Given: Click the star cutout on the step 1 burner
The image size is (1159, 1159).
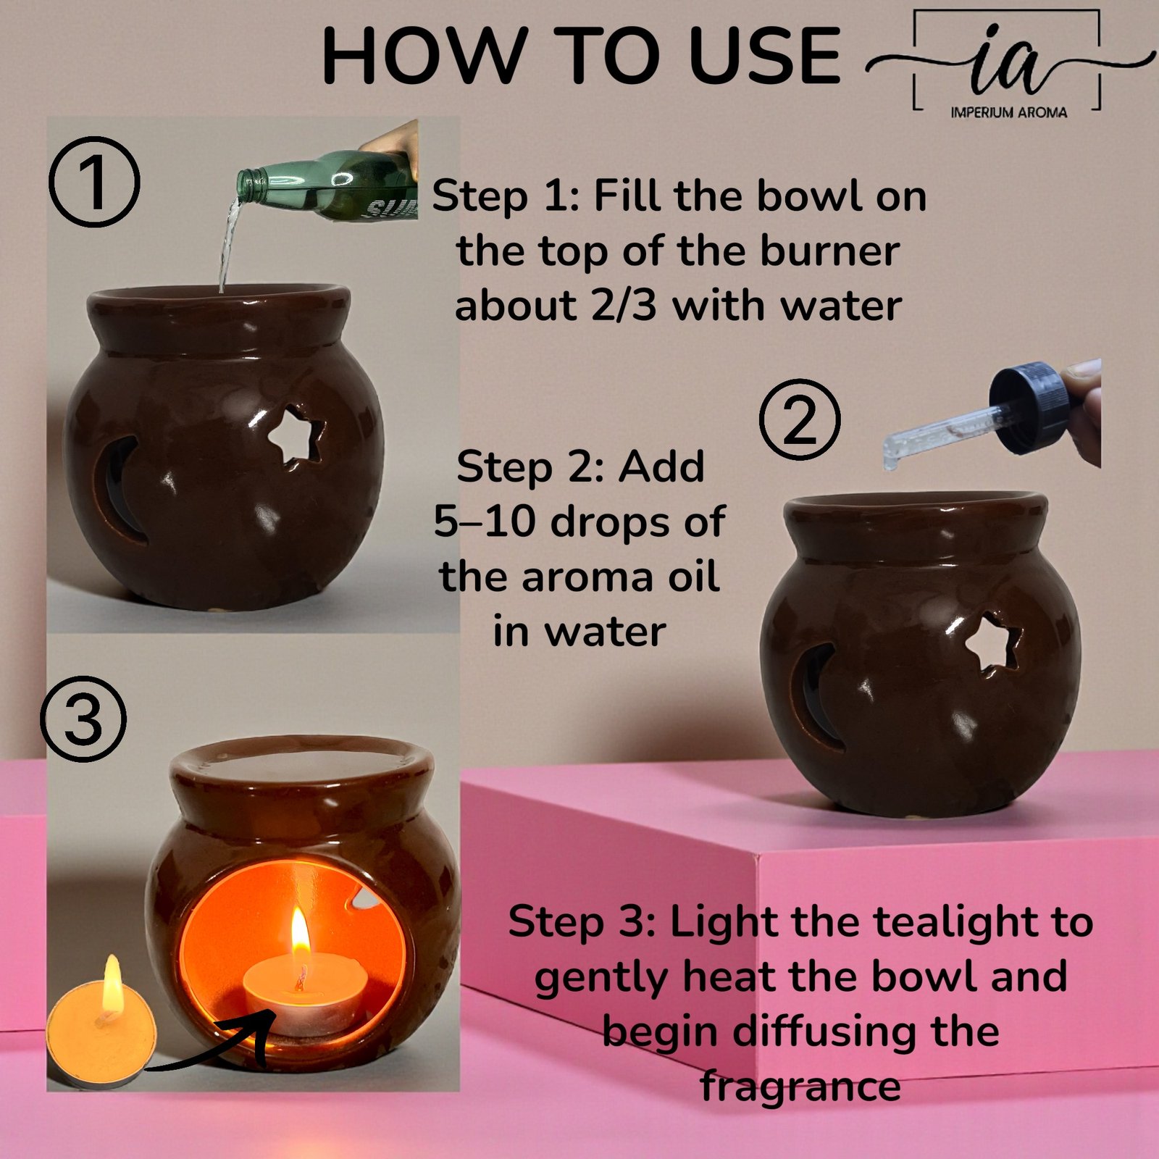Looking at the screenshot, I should pos(296,437).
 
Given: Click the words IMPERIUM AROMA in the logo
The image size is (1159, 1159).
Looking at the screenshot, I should pos(1008,112).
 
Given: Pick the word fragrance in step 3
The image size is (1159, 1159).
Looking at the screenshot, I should pos(800,1087).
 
